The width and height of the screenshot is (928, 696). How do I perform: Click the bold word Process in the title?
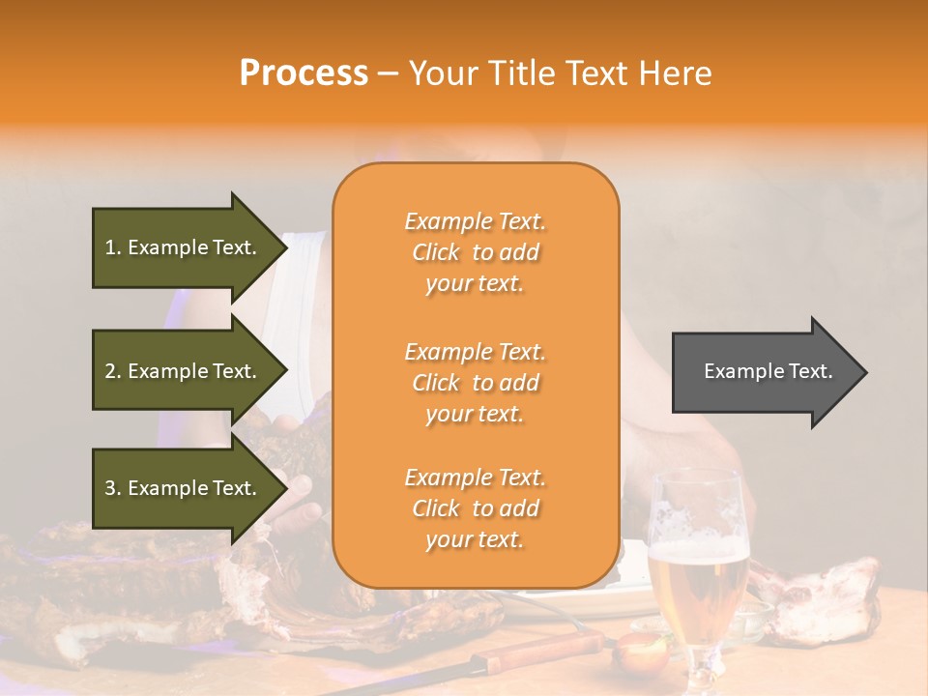[304, 73]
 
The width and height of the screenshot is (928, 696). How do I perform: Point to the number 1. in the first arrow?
[113, 247]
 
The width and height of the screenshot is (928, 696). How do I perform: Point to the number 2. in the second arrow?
[113, 371]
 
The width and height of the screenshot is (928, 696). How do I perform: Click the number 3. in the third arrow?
[113, 488]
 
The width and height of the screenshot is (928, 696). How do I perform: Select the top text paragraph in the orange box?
[475, 252]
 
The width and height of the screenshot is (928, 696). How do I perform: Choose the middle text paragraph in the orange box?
[475, 383]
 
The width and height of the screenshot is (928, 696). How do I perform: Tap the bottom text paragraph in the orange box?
[475, 508]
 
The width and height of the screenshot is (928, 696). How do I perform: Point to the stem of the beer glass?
[701, 657]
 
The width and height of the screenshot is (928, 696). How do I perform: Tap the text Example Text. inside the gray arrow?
[768, 371]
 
